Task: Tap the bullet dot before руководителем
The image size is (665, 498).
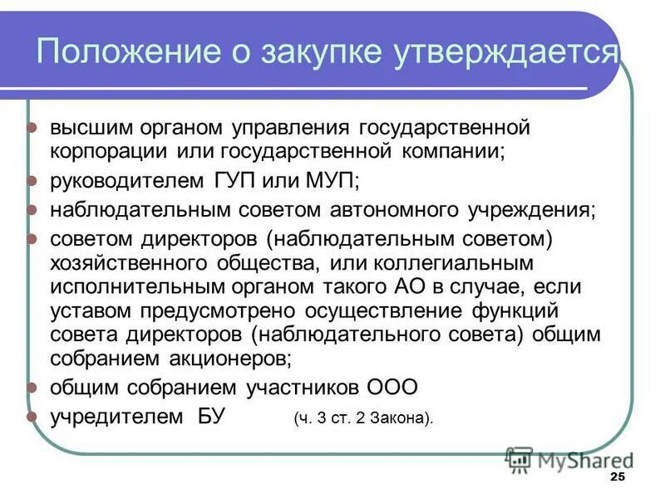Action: pyautogui.click(x=32, y=180)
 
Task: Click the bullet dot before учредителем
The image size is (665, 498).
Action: pyautogui.click(x=32, y=417)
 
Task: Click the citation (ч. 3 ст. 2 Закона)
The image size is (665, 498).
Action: pyautogui.click(x=363, y=418)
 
